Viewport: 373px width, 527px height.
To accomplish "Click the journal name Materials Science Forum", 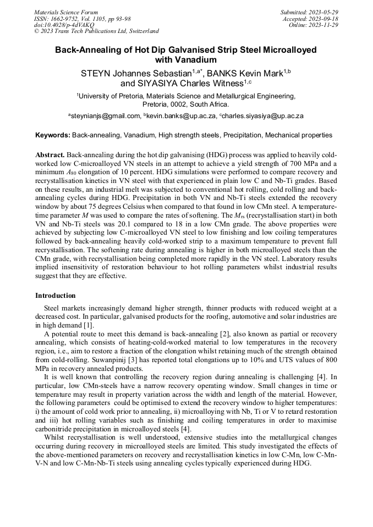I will click(x=66, y=12).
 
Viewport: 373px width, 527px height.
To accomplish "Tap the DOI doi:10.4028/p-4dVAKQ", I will click(x=64, y=25).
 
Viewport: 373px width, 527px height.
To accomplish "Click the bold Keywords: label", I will click(x=52, y=135).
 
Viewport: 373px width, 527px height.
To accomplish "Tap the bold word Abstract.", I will click(x=50, y=155).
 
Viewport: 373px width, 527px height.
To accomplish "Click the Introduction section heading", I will click(x=56, y=296).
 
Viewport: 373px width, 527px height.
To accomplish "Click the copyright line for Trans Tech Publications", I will click(x=96, y=31).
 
